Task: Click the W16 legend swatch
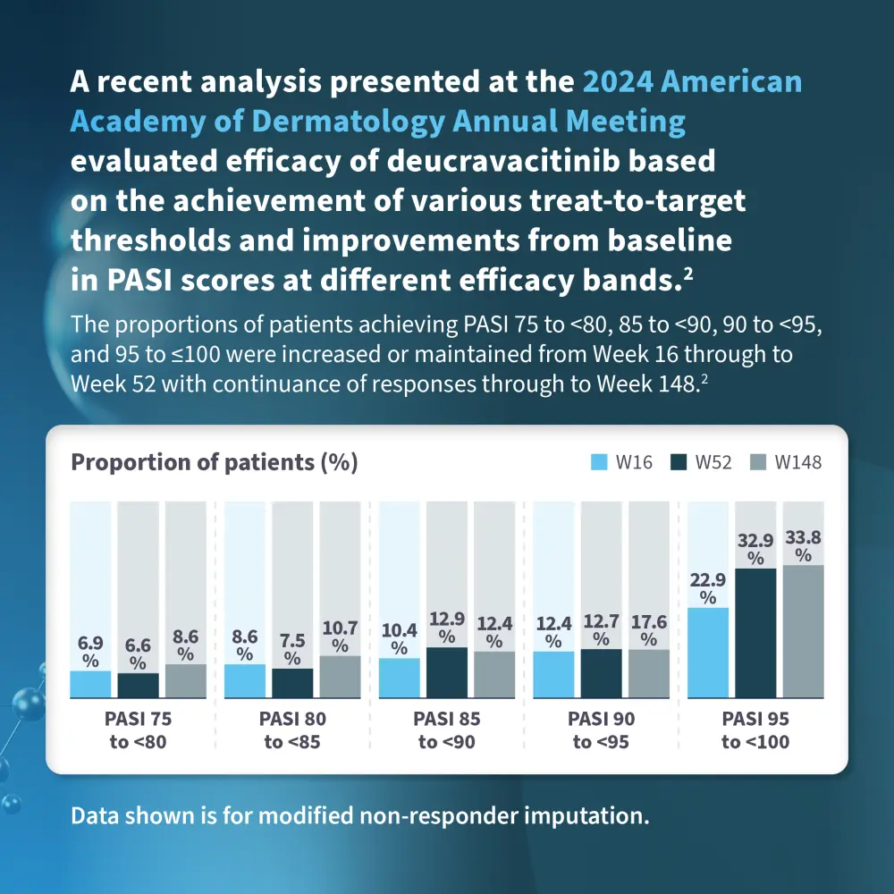pos(599,462)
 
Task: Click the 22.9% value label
pos(708,588)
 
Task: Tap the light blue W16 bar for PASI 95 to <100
pos(708,652)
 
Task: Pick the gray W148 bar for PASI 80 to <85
pos(340,676)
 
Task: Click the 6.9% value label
pos(90,652)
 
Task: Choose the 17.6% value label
pos(648,631)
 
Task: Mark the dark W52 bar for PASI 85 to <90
pos(446,671)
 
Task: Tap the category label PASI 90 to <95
pos(600,730)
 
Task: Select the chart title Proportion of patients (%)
pos(214,462)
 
